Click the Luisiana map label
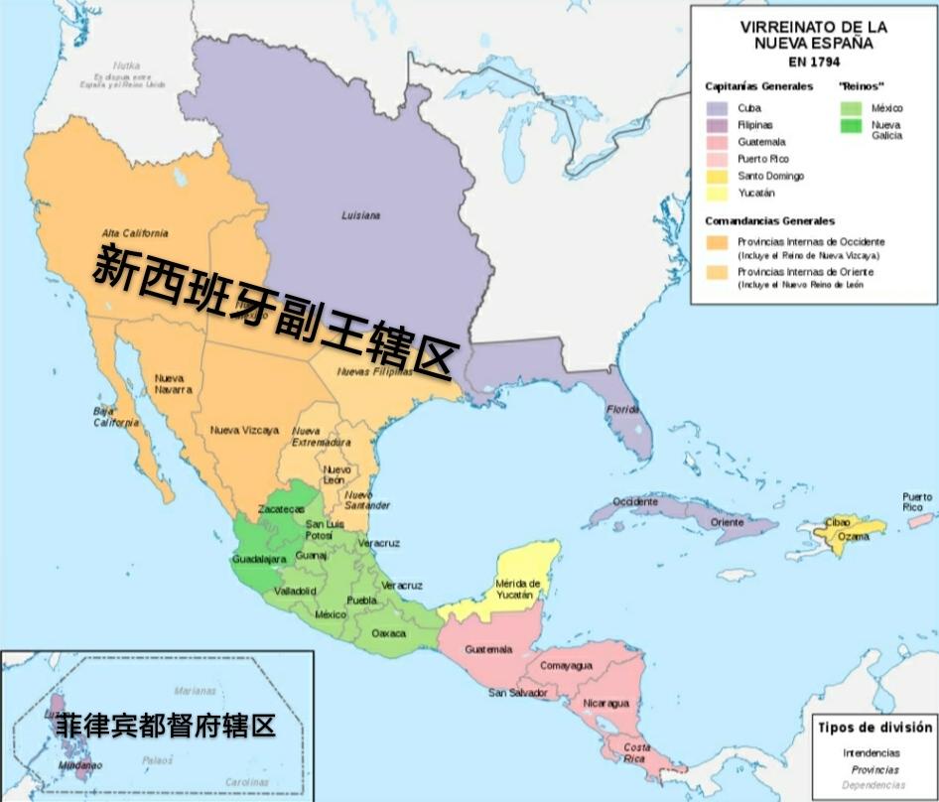click(x=360, y=214)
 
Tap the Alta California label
click(x=135, y=232)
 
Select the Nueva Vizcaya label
click(x=244, y=430)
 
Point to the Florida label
click(x=622, y=408)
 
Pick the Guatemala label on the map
click(x=488, y=649)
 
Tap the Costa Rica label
click(x=637, y=752)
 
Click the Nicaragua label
click(x=606, y=703)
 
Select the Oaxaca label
click(x=388, y=632)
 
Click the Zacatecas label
click(x=282, y=508)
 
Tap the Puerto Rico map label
click(x=917, y=501)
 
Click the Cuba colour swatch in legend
click(x=717, y=108)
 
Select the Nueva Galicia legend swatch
click(x=851, y=125)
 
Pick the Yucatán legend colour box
click(x=717, y=193)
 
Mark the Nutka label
click(x=126, y=65)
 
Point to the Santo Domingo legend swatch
click(x=717, y=176)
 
